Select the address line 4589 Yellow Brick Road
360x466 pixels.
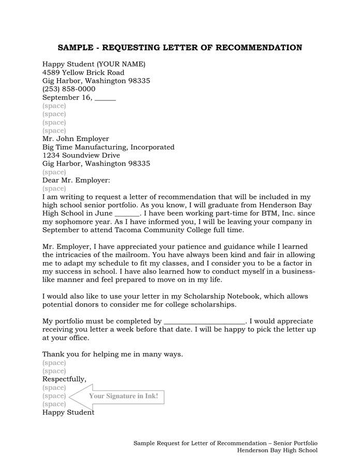pos(83,72)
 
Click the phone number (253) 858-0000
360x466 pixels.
pos(69,89)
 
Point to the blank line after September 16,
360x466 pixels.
pos(106,98)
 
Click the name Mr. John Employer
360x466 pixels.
pos(76,139)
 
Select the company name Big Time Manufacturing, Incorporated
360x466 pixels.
pos(108,147)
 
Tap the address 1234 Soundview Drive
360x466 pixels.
pos(81,155)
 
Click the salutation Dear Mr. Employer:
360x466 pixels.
pos(76,180)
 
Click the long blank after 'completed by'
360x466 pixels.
pos(204,322)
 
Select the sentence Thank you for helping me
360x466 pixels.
pos(112,354)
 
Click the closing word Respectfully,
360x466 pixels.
pos(64,379)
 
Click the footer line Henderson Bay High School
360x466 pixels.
pos(277,450)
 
